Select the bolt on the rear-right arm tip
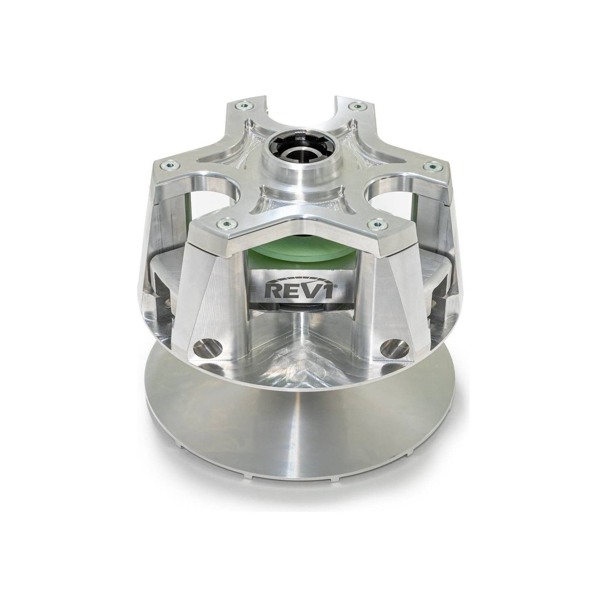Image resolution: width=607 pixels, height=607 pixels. click(357, 106)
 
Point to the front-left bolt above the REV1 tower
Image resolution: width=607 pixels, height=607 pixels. click(222, 222)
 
